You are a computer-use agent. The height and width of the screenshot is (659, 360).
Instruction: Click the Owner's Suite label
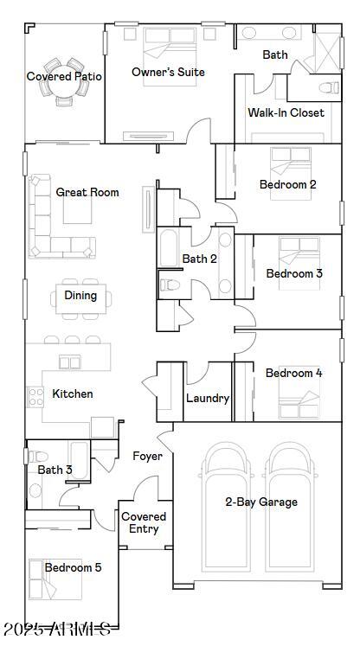coord(168,72)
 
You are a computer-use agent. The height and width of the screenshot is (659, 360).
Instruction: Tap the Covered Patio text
coord(64,76)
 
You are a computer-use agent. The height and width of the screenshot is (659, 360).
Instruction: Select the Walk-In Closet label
coord(286,112)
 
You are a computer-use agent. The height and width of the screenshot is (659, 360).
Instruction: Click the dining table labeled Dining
coord(80,296)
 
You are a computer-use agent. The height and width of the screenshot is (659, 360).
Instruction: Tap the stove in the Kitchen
coord(35,397)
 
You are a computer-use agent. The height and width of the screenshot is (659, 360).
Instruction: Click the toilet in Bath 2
coord(170,284)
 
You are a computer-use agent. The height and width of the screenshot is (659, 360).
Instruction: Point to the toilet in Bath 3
coord(35,491)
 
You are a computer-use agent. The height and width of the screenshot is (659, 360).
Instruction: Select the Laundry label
coord(208,399)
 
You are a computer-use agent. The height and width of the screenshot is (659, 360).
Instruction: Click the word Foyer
coord(147,456)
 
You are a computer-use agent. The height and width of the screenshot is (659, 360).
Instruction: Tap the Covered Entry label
coord(144,522)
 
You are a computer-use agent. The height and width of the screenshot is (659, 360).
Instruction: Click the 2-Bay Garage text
coord(261,502)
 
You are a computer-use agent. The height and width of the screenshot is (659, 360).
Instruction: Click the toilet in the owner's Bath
coord(328,87)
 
